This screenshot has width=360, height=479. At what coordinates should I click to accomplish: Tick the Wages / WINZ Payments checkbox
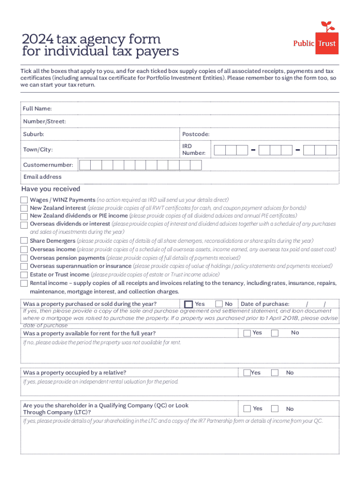coord(24,200)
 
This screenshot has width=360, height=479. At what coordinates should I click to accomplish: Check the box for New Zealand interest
coord(24,208)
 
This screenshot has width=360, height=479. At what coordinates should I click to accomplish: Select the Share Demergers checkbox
coord(24,240)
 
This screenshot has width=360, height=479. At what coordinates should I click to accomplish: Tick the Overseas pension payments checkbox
coord(24,258)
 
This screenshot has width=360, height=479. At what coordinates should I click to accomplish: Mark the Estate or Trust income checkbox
coord(24,275)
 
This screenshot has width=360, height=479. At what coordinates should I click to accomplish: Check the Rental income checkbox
coord(24,283)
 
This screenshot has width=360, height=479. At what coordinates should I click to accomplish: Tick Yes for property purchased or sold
coord(189,305)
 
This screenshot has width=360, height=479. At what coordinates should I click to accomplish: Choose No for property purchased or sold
coord(218,304)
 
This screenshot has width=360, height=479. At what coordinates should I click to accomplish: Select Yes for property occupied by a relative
coord(246,373)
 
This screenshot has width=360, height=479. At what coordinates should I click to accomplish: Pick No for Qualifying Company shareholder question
coord(275,409)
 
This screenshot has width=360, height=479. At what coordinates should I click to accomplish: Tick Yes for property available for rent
coord(246,333)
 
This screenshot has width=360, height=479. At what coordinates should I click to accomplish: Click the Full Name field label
coord(37,109)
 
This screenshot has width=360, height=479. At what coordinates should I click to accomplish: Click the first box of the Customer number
coord(85,165)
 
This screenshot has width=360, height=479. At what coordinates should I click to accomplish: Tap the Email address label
coord(43,177)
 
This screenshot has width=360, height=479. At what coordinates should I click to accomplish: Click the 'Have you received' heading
coord(50,189)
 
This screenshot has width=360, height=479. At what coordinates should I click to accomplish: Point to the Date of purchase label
coord(265,304)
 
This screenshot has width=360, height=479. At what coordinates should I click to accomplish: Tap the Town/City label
coord(38,150)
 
